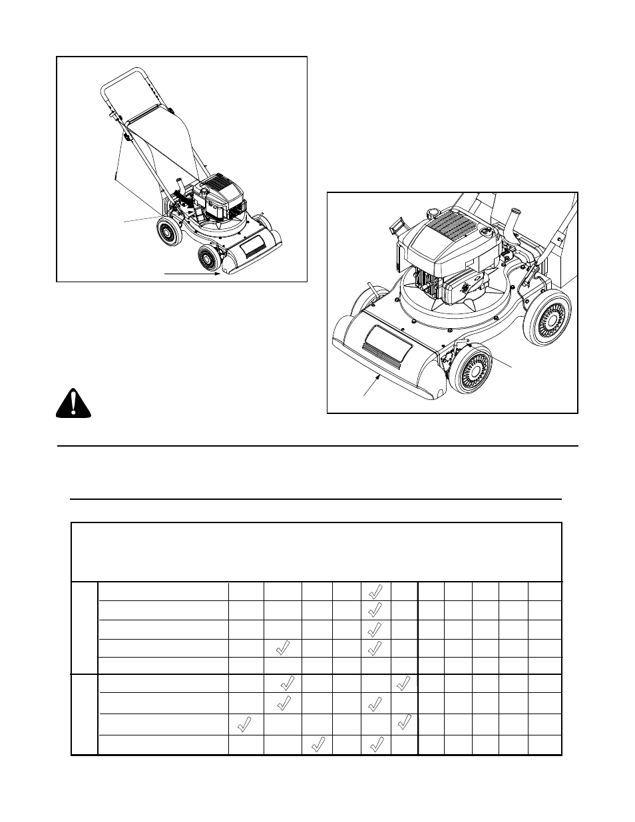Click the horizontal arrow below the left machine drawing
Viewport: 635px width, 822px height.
[x=192, y=273]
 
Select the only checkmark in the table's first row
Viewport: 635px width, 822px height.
[x=375, y=590]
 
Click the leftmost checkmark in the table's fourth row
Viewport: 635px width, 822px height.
[x=282, y=648]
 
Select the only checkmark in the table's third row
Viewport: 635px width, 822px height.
[x=375, y=629]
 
